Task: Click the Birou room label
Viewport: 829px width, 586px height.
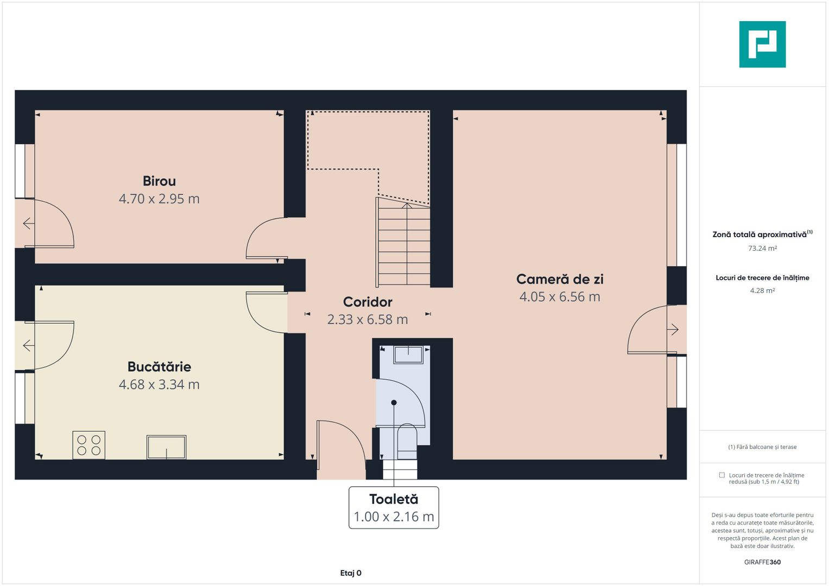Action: pos(159,181)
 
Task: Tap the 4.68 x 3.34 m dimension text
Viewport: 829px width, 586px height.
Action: pos(159,385)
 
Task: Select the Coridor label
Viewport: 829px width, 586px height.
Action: pos(368,302)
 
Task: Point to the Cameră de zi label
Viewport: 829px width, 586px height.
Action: pos(560,279)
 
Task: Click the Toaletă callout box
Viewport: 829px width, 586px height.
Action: pos(394,507)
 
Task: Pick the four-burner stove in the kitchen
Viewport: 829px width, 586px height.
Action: pos(89,445)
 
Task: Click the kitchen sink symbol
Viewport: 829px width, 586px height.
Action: pos(167,447)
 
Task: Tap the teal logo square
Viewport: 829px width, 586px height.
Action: pos(762,44)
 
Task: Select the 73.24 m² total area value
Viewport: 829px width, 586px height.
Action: pos(762,249)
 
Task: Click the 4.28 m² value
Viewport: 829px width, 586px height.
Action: pos(762,291)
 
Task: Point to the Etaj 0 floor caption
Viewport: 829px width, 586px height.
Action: pos(351,573)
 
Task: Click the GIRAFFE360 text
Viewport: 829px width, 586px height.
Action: pos(762,562)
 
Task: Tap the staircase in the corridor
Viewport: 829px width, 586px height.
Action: pos(403,243)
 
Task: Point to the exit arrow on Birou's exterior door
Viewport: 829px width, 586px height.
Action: pos(29,224)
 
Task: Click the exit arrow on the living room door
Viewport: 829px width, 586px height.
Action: pos(673,329)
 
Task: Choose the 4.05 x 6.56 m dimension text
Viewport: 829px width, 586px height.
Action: pos(560,297)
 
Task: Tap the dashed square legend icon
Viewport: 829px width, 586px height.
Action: pos(722,475)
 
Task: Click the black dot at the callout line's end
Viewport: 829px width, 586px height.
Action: pos(394,403)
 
